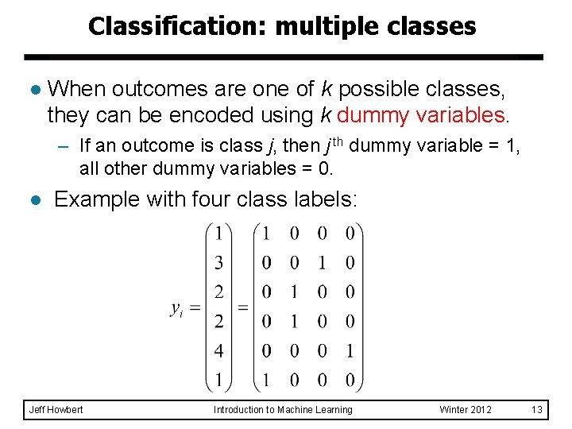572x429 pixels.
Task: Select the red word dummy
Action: [375, 115]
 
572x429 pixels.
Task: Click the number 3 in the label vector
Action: [218, 263]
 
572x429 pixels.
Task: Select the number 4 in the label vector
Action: [218, 350]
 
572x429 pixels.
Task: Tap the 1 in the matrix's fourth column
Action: [350, 350]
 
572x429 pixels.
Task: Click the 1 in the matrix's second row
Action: [323, 263]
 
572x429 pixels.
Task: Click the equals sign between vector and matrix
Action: [243, 307]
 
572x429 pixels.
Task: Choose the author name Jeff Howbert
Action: [56, 409]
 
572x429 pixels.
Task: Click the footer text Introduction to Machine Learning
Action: [283, 409]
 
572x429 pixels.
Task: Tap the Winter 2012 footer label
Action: [466, 409]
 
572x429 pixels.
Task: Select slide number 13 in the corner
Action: [537, 409]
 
